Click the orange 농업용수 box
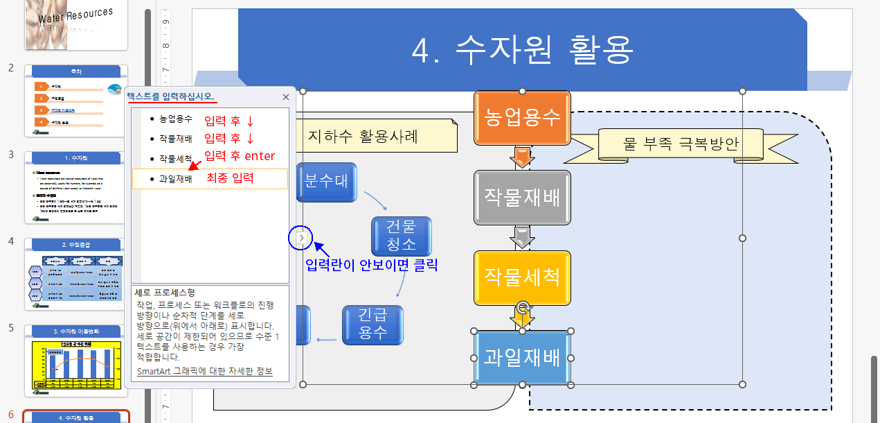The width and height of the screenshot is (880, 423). coord(522,117)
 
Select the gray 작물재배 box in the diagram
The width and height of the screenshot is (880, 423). coord(522,198)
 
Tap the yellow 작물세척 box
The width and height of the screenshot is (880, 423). coord(522,277)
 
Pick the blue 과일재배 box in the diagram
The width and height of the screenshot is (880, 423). coord(522,358)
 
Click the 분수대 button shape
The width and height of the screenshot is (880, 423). coord(326,182)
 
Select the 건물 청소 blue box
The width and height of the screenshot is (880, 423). coord(401,236)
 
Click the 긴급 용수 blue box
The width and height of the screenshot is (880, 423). coord(372,325)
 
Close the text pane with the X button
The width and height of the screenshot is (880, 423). coord(286,98)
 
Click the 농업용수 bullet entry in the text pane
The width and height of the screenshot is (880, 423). coord(176,119)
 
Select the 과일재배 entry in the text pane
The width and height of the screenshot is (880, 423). coord(176,179)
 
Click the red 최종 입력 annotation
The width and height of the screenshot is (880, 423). coord(230,178)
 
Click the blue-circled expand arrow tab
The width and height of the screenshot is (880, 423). coord(301,238)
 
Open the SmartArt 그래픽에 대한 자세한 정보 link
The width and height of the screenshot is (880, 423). coord(204,372)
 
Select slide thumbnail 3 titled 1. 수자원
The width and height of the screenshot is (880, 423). coord(77,187)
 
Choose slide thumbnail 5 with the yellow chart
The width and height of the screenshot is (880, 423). coord(77,359)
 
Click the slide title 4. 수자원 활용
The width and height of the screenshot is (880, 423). coord(523,49)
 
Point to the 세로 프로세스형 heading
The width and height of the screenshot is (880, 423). coord(165,293)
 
